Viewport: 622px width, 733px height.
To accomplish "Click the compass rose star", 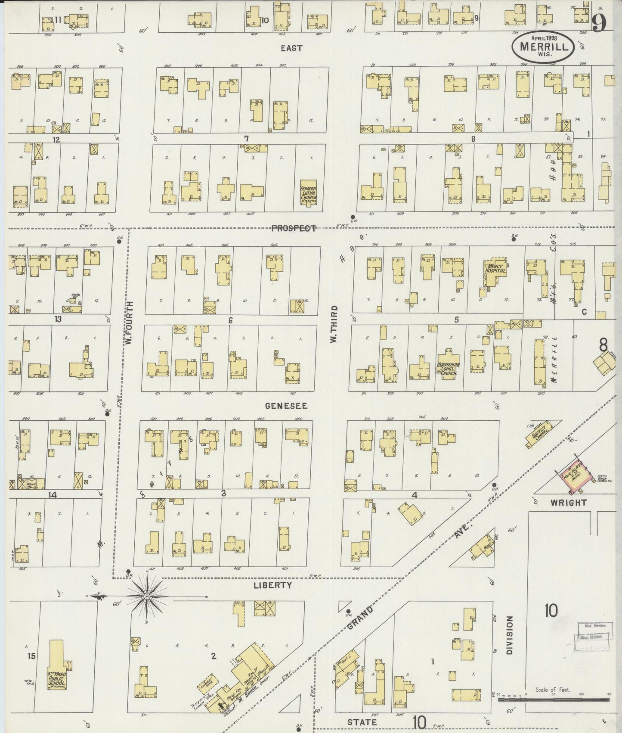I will pos(147,596).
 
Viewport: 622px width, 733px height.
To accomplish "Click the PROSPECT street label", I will pos(294,228).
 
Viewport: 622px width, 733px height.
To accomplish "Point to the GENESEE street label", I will pos(286,406).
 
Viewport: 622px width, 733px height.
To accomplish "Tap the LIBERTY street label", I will pos(272,585).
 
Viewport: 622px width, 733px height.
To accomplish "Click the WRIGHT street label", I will pos(569,502).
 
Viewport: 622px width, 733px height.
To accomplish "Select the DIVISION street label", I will pos(510,635).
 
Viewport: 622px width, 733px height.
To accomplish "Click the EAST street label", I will pos(291,48).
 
